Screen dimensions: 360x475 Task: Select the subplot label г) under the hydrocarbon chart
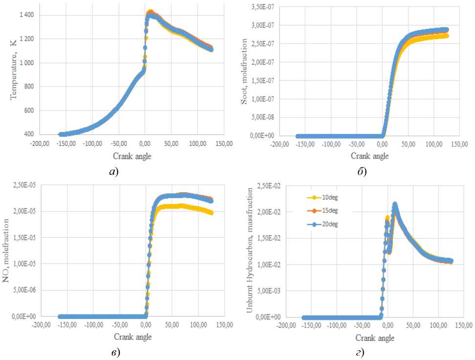[x=359, y=353]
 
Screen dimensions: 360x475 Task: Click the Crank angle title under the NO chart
[x=133, y=337]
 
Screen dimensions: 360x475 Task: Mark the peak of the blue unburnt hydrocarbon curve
[x=395, y=204]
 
